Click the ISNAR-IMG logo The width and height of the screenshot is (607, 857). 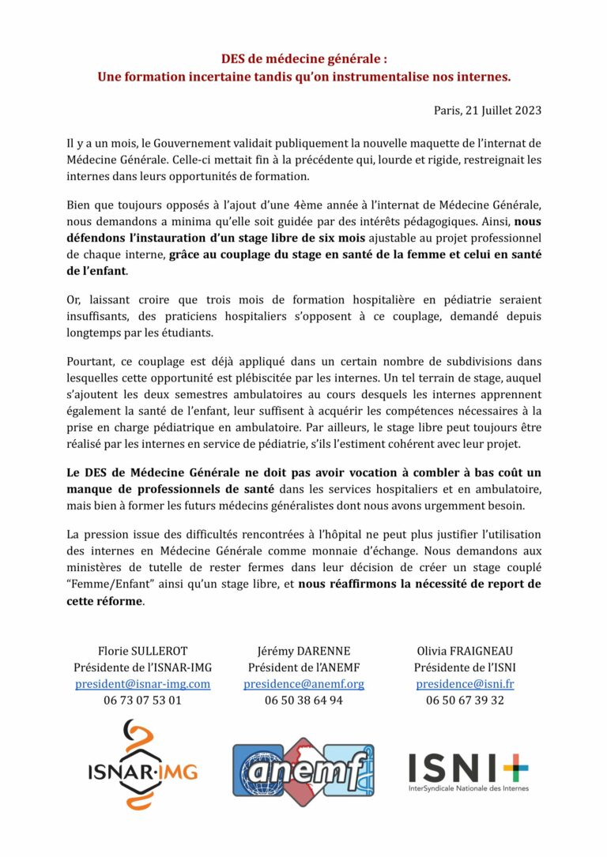(142, 764)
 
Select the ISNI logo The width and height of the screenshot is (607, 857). (468, 771)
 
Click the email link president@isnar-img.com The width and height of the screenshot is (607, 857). (142, 684)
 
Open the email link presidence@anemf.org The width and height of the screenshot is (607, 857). (303, 684)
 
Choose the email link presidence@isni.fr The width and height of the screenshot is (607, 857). (465, 684)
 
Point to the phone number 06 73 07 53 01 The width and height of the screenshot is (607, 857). (142, 700)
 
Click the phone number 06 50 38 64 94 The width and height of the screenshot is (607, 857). (303, 700)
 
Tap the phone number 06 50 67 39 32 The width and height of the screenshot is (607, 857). (465, 700)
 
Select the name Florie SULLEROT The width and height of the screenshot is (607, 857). (142, 652)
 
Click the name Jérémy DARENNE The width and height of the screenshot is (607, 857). (303, 652)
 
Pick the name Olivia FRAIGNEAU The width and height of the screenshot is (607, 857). (465, 652)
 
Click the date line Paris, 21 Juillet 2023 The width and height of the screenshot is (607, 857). (488, 111)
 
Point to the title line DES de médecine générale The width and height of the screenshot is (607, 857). (303, 59)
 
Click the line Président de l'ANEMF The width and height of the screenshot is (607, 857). (303, 668)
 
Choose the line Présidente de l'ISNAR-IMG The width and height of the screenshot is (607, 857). (142, 668)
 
